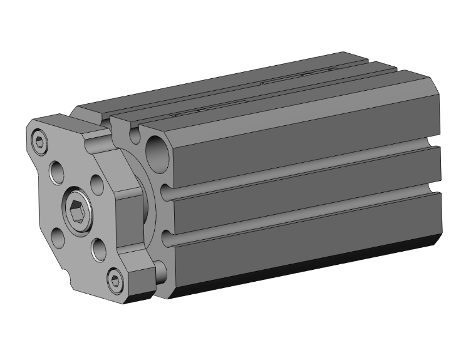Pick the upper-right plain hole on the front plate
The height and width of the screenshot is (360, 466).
pos(97,182)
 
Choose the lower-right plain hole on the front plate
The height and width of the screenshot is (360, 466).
pos(98,250)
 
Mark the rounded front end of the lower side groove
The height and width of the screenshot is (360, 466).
pos(165,240)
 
